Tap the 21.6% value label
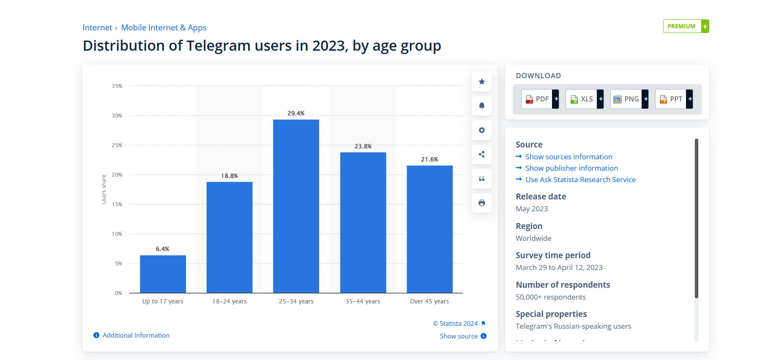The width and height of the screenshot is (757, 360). point(429,159)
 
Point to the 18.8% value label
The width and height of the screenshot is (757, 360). point(229,176)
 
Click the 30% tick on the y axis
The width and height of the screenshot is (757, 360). point(117,115)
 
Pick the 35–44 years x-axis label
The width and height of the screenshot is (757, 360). point(363,301)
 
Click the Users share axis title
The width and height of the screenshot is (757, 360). point(104,189)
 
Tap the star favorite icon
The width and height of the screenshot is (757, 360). point(481,82)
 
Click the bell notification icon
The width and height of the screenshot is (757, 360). point(481,106)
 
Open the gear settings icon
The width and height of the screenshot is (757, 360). point(481,130)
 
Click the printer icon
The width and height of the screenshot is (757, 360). point(481,203)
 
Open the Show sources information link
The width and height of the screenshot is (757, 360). point(568,157)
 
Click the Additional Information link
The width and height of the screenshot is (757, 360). point(136,335)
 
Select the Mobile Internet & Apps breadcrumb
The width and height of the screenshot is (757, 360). point(164,27)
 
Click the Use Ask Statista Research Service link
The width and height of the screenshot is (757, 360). point(580,180)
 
